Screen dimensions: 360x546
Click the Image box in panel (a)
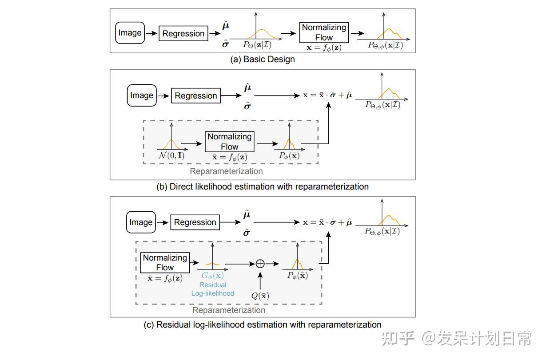130,33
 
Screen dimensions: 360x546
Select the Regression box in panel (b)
196,95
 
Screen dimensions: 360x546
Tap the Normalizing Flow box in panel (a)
324,32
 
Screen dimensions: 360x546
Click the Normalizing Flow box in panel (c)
165,262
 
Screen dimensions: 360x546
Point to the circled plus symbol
260,263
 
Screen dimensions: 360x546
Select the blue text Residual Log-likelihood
213,289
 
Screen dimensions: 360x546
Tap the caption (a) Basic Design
262,59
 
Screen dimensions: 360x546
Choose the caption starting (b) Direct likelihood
263,186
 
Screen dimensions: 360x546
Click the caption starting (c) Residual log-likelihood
263,324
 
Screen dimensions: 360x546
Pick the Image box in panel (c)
141,222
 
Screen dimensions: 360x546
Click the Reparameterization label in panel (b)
226,171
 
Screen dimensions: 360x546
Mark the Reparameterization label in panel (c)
229,310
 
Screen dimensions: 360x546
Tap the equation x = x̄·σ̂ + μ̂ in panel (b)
327,95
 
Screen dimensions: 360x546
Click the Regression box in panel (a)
183,33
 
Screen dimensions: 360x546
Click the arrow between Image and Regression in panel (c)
163,222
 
